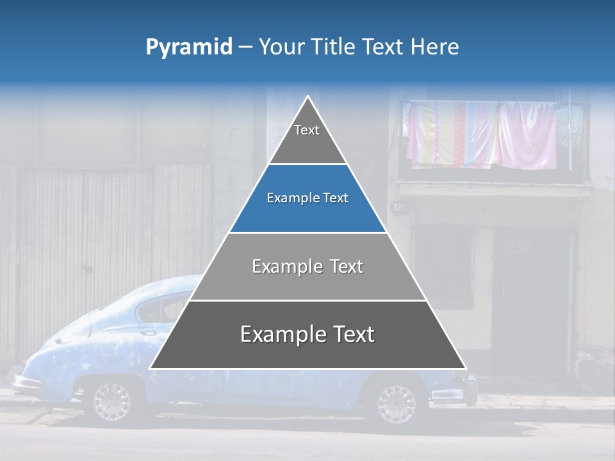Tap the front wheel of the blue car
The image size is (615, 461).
(395, 403)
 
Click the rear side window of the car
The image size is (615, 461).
(154, 311)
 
